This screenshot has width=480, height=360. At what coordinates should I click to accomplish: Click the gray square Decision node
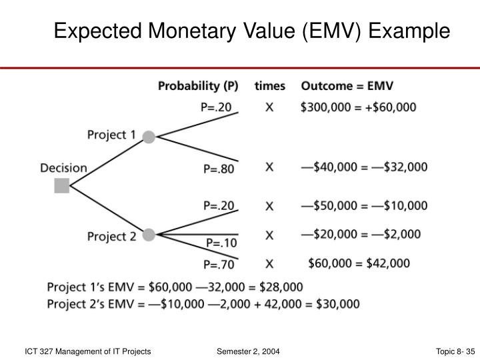(62, 185)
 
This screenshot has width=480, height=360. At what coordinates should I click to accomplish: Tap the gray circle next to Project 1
(149, 137)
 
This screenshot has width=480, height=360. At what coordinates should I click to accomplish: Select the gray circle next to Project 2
(149, 235)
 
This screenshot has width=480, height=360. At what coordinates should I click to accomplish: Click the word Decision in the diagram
(64, 167)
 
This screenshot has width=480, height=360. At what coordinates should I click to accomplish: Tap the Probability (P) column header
(198, 86)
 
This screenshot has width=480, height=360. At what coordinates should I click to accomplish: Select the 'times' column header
(270, 86)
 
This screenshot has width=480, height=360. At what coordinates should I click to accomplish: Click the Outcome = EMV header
(347, 86)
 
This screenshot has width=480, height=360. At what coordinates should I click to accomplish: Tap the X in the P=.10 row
(269, 235)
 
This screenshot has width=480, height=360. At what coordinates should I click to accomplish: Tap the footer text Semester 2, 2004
(248, 350)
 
